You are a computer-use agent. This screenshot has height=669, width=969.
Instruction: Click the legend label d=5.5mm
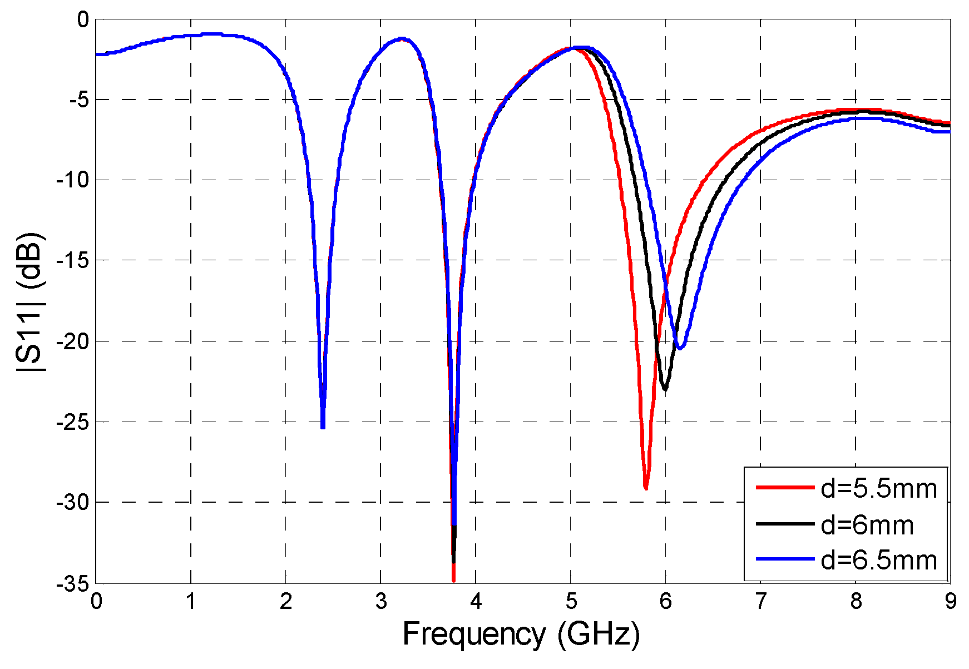879,489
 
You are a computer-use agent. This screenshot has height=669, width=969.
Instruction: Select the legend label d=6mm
867,525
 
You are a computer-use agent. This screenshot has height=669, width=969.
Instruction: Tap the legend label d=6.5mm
879,560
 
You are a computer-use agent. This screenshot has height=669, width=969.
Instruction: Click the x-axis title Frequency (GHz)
521,635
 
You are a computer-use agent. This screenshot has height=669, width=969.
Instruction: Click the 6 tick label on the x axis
665,601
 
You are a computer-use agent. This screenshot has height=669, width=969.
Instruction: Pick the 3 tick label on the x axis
380,601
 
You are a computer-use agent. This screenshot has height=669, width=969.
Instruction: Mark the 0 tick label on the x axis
96,601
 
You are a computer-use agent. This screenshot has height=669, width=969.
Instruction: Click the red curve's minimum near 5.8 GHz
646,488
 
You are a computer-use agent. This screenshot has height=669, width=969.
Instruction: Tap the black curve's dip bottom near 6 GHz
665,389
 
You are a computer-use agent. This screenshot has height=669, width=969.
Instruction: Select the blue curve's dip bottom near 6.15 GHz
680,348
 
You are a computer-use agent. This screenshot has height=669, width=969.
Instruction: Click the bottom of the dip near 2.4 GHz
323,426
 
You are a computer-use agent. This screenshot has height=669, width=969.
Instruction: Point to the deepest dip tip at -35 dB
453,580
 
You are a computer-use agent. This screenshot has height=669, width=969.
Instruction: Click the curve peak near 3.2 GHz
402,39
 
